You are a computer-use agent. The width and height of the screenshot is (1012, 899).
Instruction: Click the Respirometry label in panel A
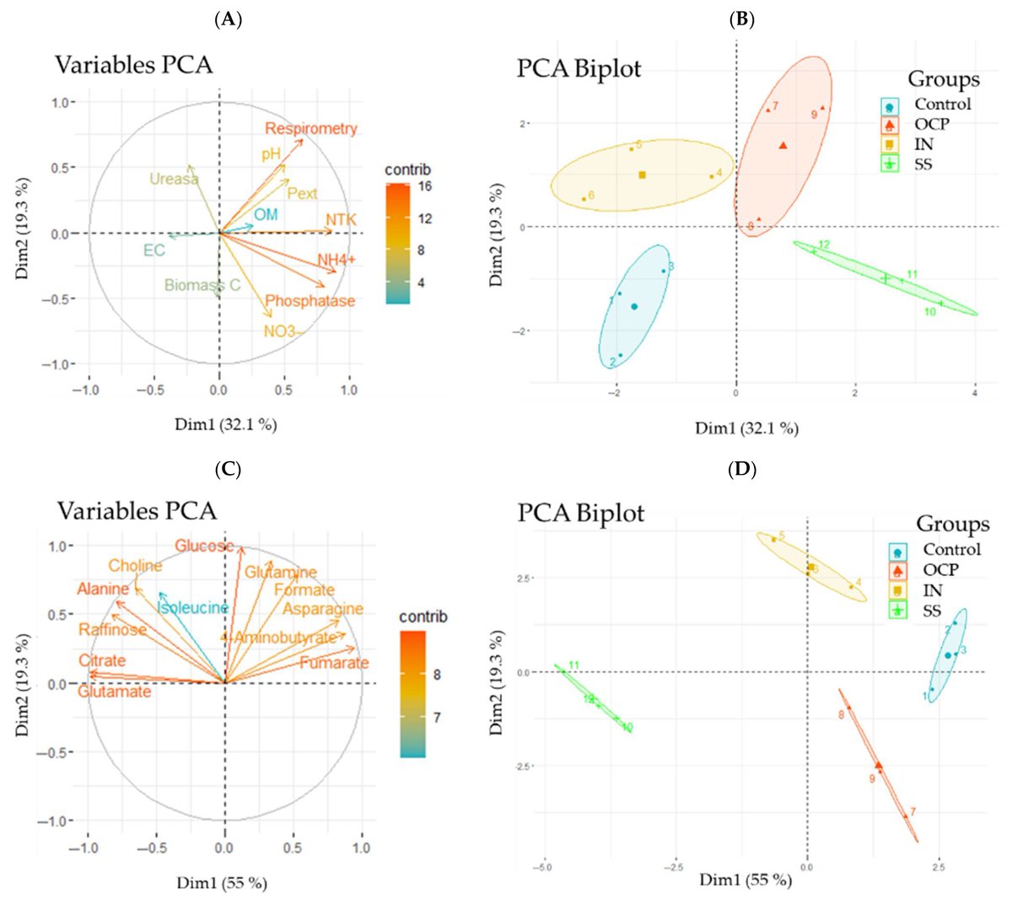point(310,129)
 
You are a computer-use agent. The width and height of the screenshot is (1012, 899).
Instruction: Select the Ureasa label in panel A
point(174,179)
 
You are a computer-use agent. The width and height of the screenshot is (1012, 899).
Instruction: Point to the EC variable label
point(153,250)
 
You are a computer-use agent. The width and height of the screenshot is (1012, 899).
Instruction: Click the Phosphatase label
point(310,301)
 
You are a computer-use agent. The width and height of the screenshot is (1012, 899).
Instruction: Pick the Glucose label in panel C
point(204,546)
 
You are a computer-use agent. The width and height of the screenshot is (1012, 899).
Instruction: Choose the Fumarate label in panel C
point(334,663)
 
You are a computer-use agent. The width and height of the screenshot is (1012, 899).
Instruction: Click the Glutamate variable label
point(115,692)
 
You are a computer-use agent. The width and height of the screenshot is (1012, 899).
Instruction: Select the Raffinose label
point(113,630)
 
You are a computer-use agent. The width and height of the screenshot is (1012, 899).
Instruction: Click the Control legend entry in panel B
point(942,105)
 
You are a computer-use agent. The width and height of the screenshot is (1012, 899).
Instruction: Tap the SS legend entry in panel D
point(932,611)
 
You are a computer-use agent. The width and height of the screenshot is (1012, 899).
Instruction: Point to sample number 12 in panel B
point(824,245)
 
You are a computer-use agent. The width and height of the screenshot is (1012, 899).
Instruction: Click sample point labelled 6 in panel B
point(591,196)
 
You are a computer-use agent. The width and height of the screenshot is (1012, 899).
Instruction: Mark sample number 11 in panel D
point(573,666)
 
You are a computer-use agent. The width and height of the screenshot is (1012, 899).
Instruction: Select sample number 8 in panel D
point(841,715)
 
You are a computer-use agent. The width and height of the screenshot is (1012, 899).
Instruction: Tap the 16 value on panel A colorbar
point(424,186)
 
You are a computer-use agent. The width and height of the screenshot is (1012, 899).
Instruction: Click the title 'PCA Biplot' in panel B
point(579,68)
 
